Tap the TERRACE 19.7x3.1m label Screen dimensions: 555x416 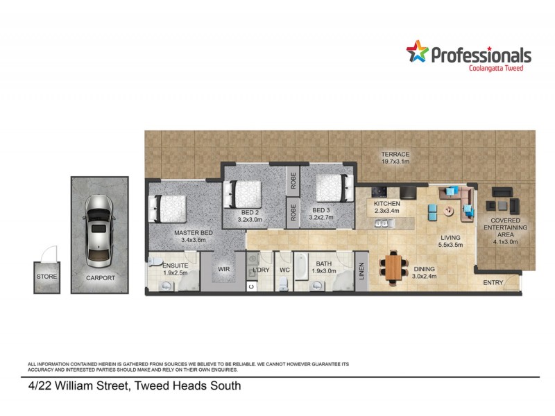pos(395,157)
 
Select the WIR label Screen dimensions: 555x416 pos(223,268)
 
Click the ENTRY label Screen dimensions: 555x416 pos(493,282)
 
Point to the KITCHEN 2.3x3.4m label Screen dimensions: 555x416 pos(387,207)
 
